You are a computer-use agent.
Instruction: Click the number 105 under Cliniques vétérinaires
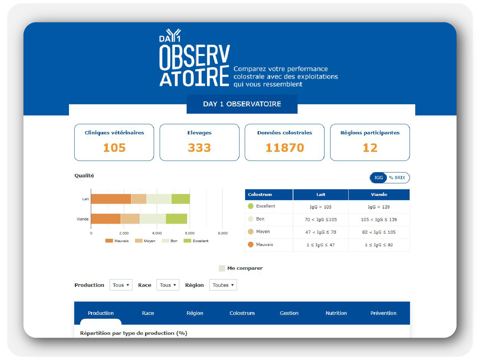(114, 148)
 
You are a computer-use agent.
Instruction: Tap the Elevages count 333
(199, 148)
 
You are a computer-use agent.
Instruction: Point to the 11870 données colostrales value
(285, 148)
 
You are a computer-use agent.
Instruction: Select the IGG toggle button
(378, 178)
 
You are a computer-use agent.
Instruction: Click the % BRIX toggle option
(397, 178)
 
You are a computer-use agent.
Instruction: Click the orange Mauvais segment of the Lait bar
(111, 199)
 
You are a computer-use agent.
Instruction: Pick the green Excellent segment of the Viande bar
(176, 219)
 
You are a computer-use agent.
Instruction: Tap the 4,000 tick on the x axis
(157, 233)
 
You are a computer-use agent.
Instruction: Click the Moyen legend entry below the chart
(146, 241)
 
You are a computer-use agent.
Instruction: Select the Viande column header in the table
(379, 195)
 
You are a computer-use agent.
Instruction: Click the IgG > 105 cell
(320, 207)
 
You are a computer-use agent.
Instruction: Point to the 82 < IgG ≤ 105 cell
(379, 232)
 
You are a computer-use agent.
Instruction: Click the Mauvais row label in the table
(264, 245)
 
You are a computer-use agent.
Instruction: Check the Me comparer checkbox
(222, 268)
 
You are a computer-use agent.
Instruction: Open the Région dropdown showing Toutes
(223, 285)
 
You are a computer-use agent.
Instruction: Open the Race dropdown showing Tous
(168, 285)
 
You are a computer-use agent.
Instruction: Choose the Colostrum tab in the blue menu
(242, 313)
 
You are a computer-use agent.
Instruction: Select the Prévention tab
(383, 313)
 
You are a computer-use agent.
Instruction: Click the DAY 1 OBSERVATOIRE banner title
(242, 104)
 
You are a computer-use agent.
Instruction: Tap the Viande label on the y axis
(83, 219)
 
